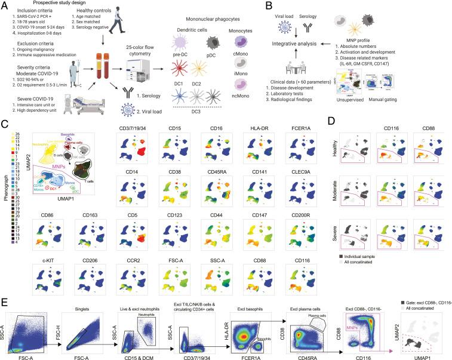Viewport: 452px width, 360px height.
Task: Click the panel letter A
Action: point(5,5)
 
